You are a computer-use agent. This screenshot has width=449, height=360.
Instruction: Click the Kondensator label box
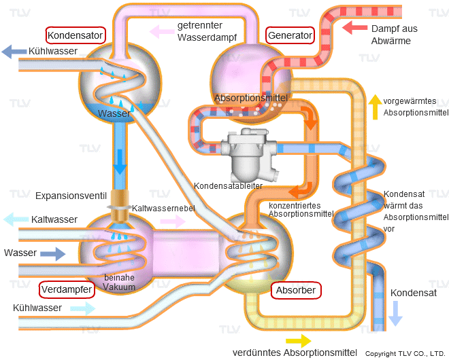tap(76, 35)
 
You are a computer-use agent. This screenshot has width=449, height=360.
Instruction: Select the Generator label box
tap(290, 35)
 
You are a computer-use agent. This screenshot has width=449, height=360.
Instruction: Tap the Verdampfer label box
tap(67, 289)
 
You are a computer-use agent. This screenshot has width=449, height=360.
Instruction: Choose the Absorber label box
tap(296, 291)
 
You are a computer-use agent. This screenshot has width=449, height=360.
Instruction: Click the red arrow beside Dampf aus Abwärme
tap(354, 28)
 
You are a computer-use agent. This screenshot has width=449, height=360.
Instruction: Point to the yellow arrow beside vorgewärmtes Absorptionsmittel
tap(375, 107)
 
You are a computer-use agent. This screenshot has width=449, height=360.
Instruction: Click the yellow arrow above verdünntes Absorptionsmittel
tap(299, 341)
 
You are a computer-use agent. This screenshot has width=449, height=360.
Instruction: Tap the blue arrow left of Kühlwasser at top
tap(14, 52)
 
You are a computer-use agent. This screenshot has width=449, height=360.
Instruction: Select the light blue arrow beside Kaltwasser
tap(16, 219)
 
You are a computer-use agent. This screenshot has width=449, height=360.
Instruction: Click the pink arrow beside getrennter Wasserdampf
tap(162, 31)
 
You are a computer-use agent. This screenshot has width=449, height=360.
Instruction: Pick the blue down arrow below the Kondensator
tap(120, 162)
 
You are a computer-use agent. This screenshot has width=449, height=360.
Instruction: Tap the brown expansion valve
tap(118, 206)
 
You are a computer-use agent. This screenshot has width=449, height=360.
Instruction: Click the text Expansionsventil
tap(71, 196)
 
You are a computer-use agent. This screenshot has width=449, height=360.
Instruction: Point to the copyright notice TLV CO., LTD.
tap(405, 354)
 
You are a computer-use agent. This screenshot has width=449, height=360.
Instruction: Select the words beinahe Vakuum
tap(119, 282)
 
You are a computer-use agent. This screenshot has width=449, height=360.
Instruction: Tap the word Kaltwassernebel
tap(163, 208)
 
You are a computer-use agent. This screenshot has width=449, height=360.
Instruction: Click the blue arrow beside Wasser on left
tap(52, 254)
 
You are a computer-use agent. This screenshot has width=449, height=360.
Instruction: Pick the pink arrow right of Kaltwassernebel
tap(173, 221)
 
